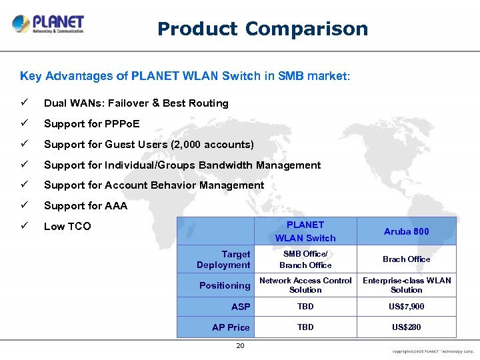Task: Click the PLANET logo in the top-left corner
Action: pyautogui.click(x=48, y=24)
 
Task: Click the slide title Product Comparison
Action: pyautogui.click(x=262, y=29)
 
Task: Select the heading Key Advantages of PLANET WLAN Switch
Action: pyautogui.click(x=184, y=76)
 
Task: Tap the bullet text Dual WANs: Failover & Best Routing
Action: pyautogui.click(x=136, y=103)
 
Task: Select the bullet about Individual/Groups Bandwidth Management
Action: pyautogui.click(x=182, y=165)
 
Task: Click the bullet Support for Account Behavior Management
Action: pyautogui.click(x=154, y=185)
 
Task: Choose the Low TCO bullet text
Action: pyautogui.click(x=67, y=227)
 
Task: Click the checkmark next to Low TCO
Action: pyautogui.click(x=25, y=226)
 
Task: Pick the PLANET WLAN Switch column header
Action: pyautogui.click(x=305, y=231)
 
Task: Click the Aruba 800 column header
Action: pyautogui.click(x=406, y=231)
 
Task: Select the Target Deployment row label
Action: pyautogui.click(x=223, y=259)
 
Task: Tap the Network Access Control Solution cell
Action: pyautogui.click(x=305, y=285)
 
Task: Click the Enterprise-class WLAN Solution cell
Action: pyautogui.click(x=406, y=285)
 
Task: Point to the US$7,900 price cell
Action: pyautogui.click(x=406, y=307)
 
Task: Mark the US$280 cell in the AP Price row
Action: pyautogui.click(x=406, y=327)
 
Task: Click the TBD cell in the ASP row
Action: pyautogui.click(x=305, y=307)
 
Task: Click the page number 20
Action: pyautogui.click(x=240, y=345)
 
